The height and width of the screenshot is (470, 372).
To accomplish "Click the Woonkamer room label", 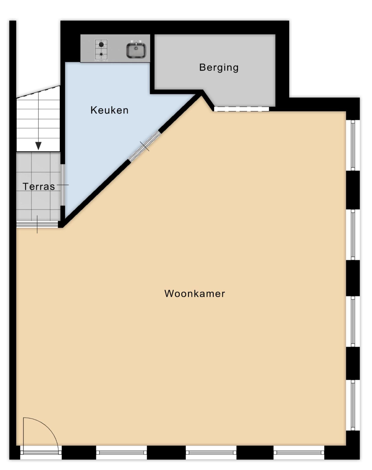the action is point(194,294).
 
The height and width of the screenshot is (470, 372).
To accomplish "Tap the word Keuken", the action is point(109,110).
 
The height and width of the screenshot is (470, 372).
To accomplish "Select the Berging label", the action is point(219,68).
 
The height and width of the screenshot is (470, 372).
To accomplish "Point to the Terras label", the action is point(39,187).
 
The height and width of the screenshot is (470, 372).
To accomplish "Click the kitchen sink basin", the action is point(136,50).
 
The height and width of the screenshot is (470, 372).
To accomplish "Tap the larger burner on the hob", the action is point(101,45).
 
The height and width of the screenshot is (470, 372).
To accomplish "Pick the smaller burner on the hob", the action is point(101,54).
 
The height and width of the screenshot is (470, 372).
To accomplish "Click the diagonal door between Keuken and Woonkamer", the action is point(145,146).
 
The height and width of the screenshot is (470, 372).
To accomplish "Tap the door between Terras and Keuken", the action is point(62,185).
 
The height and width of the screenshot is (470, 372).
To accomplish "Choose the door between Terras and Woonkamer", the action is point(37,224).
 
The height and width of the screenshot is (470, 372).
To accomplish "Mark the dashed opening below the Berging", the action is point(241,109).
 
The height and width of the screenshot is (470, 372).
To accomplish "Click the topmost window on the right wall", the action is point(353,145).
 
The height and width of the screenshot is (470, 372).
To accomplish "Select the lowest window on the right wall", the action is point(353,405).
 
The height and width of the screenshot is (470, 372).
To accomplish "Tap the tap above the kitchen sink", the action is point(136,42).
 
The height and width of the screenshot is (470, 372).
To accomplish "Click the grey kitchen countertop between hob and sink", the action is point(117,48).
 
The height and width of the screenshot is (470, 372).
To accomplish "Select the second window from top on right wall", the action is point(353,235).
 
